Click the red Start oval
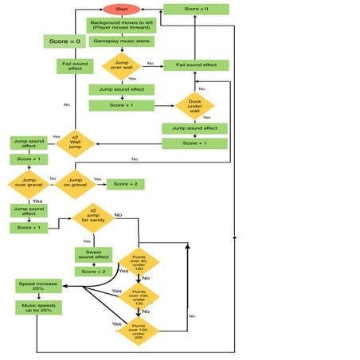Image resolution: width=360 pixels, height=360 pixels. (x=122, y=9)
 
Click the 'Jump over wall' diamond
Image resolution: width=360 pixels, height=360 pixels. (x=122, y=65)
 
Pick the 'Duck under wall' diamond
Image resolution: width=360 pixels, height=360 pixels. (x=195, y=107)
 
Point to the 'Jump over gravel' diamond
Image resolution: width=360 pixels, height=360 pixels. (x=29, y=184)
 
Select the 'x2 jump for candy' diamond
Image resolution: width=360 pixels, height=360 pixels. (x=94, y=216)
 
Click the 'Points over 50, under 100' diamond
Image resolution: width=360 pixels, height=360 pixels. (x=139, y=262)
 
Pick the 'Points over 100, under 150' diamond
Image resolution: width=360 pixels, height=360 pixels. (x=139, y=296)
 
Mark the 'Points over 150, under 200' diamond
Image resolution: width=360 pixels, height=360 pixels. (x=139, y=330)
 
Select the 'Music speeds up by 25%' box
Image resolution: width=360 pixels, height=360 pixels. (x=37, y=307)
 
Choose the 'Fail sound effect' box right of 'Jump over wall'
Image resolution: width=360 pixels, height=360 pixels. (x=196, y=65)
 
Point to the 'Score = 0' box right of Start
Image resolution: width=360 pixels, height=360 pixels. (x=196, y=10)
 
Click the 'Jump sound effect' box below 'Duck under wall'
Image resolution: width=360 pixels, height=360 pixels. (x=195, y=128)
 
